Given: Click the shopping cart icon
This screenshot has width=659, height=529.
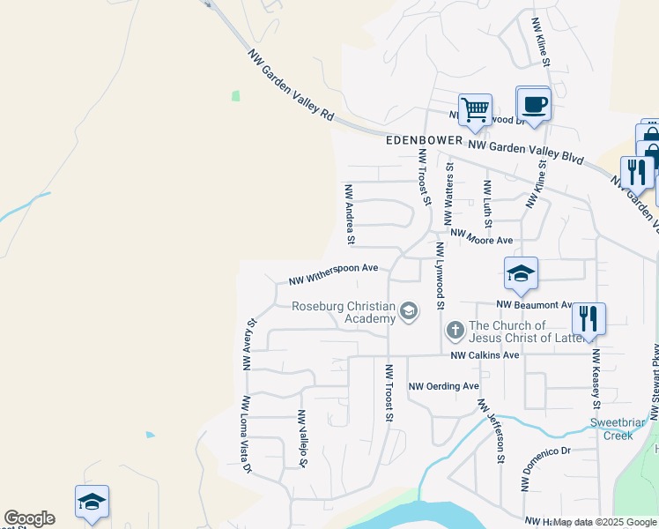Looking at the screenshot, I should (475, 110).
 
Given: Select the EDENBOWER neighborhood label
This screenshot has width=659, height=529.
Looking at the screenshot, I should (424, 141).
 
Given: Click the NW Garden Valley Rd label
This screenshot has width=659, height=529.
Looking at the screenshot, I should (292, 86).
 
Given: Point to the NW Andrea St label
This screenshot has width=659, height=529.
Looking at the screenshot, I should (350, 214).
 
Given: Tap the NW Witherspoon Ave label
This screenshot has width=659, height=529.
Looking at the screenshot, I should (333, 274).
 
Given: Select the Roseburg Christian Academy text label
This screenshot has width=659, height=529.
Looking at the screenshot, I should (345, 312).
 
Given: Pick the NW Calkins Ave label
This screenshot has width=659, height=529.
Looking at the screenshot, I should (485, 355).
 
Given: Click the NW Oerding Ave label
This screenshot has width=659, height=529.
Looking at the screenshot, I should (444, 386).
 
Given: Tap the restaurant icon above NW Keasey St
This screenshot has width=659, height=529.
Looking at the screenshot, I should (589, 317).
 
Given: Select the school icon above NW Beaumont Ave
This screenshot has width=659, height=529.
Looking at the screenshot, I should (521, 273).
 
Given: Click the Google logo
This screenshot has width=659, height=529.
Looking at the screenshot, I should (29, 518).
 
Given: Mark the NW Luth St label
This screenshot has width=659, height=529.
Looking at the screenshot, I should (486, 203).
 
